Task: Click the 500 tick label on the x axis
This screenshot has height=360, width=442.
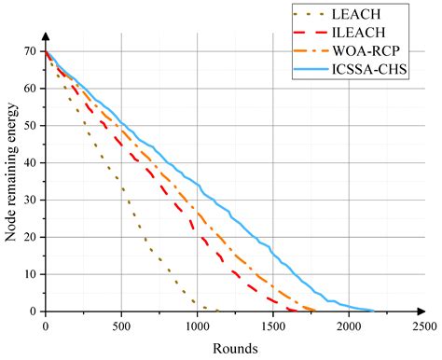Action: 121,325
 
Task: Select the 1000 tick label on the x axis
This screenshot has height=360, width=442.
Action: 197,325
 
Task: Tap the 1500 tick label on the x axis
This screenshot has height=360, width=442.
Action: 272,325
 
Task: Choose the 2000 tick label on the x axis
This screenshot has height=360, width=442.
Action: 348,325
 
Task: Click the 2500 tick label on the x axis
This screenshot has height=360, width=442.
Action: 423,325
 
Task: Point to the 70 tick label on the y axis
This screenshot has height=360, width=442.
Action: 34,52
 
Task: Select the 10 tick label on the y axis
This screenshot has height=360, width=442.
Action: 34,274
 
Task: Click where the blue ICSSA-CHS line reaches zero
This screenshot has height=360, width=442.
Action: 374,311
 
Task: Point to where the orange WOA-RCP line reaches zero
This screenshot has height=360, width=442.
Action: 315,311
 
